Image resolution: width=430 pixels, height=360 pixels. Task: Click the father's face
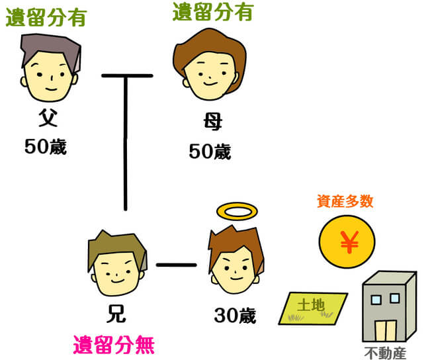[x=50, y=77]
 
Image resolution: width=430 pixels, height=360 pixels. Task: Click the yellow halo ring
[x=236, y=212]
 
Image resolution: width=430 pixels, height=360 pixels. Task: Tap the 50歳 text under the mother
[x=210, y=152]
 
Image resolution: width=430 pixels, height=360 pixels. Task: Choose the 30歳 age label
[x=234, y=316]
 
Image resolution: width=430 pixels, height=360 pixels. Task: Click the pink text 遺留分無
[x=115, y=345]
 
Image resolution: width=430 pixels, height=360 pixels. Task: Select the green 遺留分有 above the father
[x=46, y=17]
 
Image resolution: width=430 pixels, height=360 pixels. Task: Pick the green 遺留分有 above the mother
[x=212, y=12]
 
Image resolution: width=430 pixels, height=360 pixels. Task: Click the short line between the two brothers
[x=177, y=265]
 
